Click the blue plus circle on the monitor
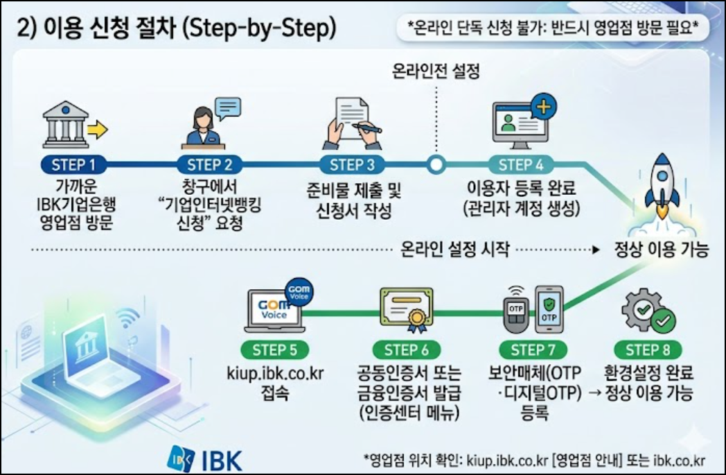click(x=543, y=107)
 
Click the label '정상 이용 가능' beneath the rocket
click(x=661, y=250)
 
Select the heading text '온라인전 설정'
click(x=436, y=71)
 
